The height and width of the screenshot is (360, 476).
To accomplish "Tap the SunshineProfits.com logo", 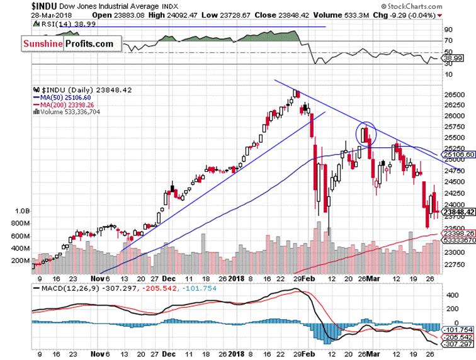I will click(69, 43).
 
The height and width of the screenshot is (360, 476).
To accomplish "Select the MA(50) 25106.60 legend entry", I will click(64, 98).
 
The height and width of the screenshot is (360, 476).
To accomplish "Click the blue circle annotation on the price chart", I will click(366, 132).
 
